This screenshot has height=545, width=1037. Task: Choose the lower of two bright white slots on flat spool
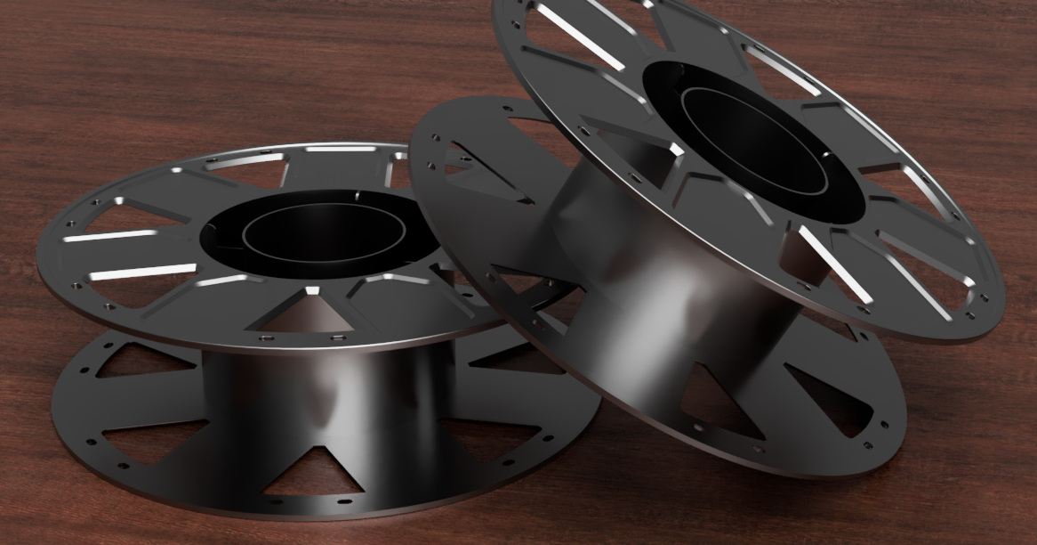(142, 270)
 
